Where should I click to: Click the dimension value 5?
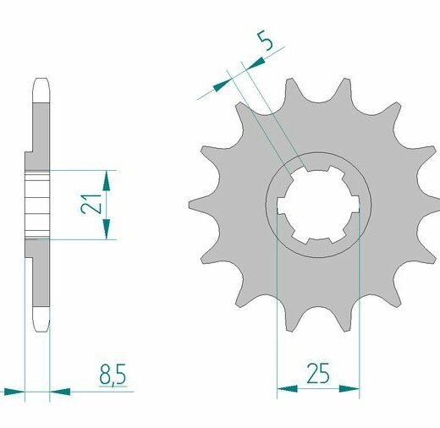tap(267, 41)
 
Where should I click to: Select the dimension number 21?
tap(91, 205)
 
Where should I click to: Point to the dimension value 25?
tap(318, 373)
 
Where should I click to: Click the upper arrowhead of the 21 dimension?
tap(107, 181)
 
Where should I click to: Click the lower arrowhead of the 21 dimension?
tap(107, 229)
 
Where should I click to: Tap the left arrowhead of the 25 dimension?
tap(287, 389)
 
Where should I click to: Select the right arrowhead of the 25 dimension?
tap(349, 389)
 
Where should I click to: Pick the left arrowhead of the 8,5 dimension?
tap(14, 392)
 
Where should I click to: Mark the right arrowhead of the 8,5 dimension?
tap(60, 392)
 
